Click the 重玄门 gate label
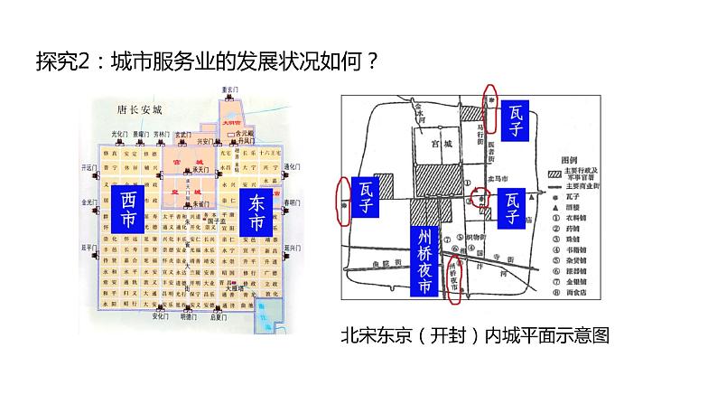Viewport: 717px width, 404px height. pyautogui.click(x=235, y=89)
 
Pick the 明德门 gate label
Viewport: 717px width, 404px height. pyautogui.click(x=188, y=317)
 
